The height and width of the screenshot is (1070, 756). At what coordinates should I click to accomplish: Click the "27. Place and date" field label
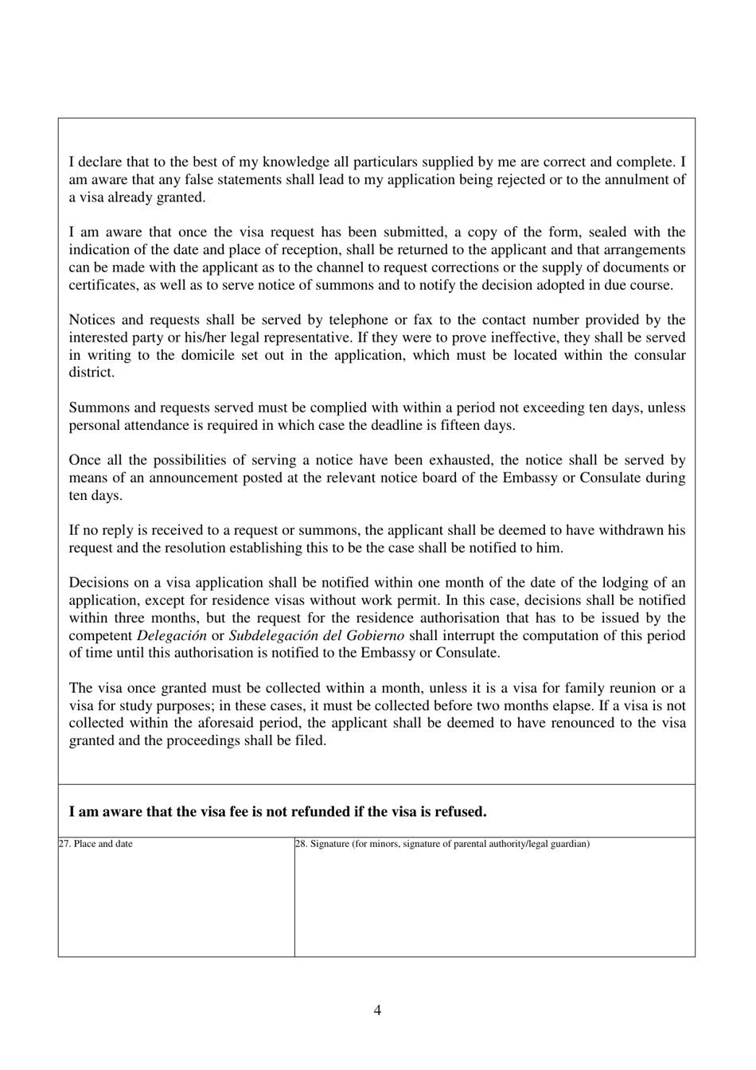click(x=95, y=844)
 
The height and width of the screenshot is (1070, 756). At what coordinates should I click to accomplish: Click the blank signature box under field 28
click(x=494, y=904)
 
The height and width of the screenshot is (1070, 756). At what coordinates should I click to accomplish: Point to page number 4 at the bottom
click(x=377, y=1011)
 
